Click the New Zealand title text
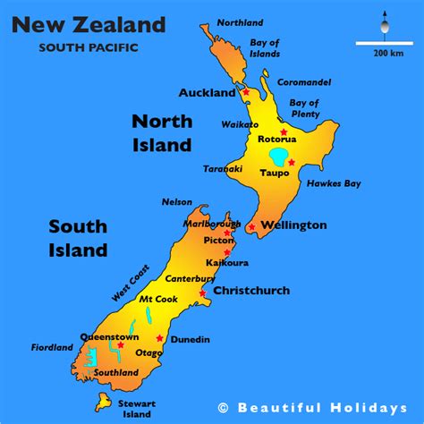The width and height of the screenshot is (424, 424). pyautogui.click(x=88, y=24)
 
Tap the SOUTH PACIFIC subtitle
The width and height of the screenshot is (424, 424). pyautogui.click(x=88, y=47)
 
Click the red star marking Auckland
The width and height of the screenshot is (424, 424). pyautogui.click(x=245, y=92)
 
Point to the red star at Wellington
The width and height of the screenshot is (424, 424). pyautogui.click(x=252, y=227)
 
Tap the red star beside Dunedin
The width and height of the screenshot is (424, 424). pyautogui.click(x=160, y=338)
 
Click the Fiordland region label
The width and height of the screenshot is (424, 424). pyautogui.click(x=28, y=348)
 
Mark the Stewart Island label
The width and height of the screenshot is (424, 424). pyautogui.click(x=137, y=409)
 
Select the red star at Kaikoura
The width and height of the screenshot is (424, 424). pyautogui.click(x=228, y=253)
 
